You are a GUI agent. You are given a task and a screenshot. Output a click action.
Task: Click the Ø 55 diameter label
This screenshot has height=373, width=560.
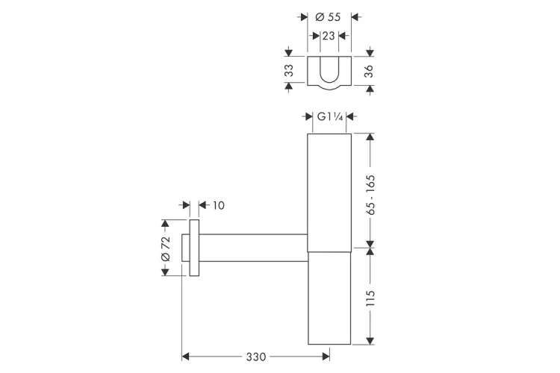pos(328,16)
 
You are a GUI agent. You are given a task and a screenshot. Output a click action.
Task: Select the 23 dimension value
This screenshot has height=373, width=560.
pos(329,36)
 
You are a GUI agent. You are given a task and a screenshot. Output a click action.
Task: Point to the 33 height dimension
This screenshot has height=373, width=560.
pos(289,70)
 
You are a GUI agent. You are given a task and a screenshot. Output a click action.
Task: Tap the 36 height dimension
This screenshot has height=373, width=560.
pos(369,71)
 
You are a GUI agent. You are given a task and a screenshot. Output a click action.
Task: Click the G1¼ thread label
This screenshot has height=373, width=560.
pos(330,116)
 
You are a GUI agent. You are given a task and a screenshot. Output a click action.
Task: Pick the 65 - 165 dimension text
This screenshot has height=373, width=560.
pos(370,195)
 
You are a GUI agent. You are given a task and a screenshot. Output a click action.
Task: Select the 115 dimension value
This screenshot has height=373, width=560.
pos(370,298)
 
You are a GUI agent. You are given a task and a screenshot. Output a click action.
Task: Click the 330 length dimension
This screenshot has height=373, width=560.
pos(256,357)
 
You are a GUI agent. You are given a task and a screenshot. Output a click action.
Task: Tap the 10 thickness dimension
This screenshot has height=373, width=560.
pos(219,205)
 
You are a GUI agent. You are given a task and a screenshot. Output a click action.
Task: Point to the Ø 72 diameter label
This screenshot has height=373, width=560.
pos(166,248)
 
